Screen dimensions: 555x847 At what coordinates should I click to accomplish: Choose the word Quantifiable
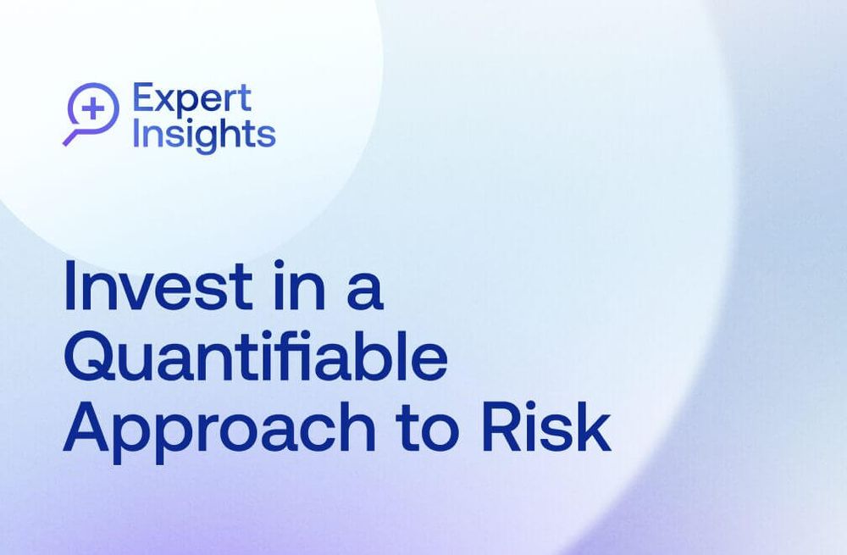pyautogui.click(x=255, y=360)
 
